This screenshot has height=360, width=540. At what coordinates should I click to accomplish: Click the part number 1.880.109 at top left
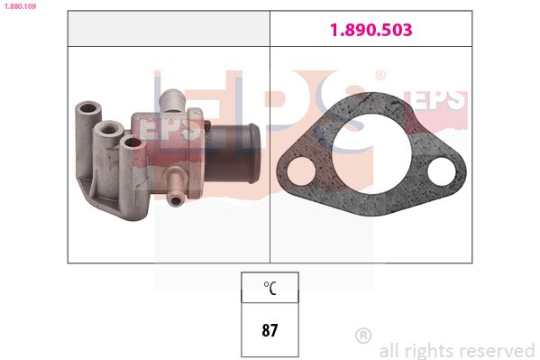tap(18, 5)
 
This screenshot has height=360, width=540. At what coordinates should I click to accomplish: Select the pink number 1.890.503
tap(371, 30)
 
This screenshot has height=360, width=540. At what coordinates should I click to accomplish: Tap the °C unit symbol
tap(270, 288)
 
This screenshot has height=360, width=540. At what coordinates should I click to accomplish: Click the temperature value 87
tap(270, 330)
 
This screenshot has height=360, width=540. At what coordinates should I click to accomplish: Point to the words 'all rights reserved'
tap(457, 350)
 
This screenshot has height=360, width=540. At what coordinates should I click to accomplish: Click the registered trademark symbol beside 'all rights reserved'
tap(363, 336)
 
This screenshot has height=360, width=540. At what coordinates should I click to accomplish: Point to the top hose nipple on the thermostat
tap(172, 97)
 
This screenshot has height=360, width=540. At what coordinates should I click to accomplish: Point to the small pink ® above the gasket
tap(380, 76)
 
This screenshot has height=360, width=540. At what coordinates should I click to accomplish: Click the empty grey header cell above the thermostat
tap(169, 30)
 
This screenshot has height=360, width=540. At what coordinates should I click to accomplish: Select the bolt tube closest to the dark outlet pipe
tap(133, 143)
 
